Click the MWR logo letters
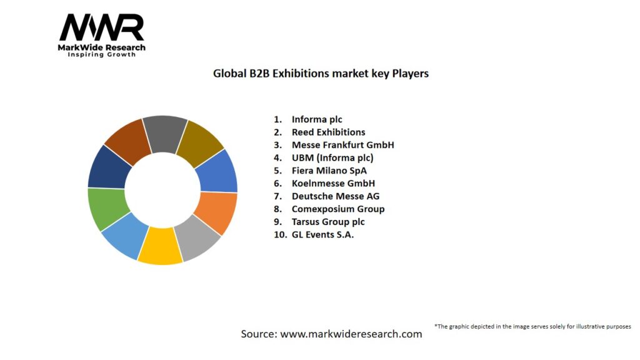click(101, 28)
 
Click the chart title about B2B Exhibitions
click(321, 73)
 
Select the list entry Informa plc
click(317, 119)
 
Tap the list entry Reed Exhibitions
click(328, 132)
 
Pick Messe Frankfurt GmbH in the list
click(342, 145)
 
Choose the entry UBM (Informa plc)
click(332, 157)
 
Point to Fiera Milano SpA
click(329, 171)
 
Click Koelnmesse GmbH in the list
click(333, 183)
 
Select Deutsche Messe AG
click(335, 196)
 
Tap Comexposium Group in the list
click(337, 209)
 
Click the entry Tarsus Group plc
click(328, 222)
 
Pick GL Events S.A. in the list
click(322, 235)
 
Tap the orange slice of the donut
click(216, 212)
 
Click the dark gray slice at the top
click(165, 132)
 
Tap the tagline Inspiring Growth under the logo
click(101, 54)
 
